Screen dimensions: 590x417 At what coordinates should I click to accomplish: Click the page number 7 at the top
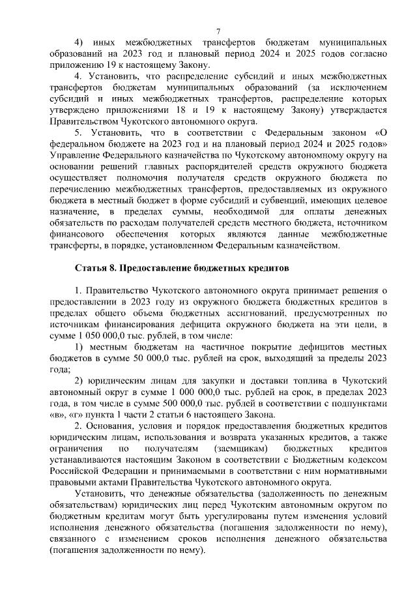tap(218, 32)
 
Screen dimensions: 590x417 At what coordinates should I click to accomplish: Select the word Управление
tap(76, 155)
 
